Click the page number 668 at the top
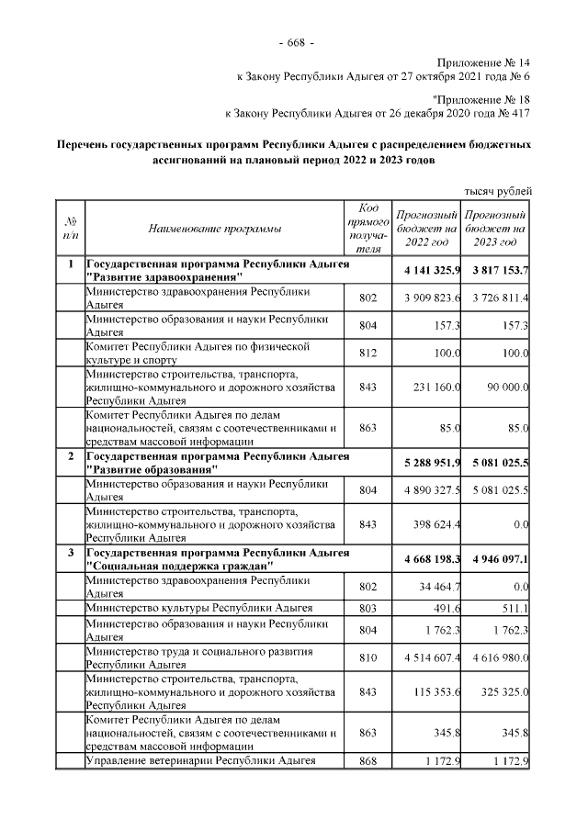[x=295, y=43]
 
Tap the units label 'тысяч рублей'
[x=497, y=190]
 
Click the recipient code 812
[x=367, y=354]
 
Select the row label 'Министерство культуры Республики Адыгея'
[x=198, y=608]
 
